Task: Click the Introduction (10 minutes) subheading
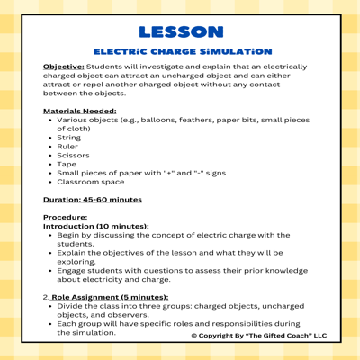95,226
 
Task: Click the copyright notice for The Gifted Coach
259,336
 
